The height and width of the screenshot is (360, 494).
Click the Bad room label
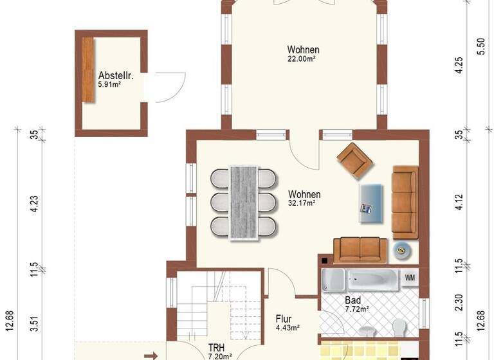click(x=352, y=300)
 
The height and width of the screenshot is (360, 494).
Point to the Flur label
click(x=284, y=318)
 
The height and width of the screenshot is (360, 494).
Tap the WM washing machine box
click(x=410, y=278)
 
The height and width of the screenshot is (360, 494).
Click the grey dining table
click(x=244, y=202)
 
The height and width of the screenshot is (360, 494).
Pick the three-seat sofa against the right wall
click(x=405, y=201)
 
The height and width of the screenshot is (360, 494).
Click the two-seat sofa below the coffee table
click(x=360, y=249)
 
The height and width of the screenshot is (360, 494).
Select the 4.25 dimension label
click(x=458, y=67)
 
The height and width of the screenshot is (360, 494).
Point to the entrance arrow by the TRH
click(x=151, y=354)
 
